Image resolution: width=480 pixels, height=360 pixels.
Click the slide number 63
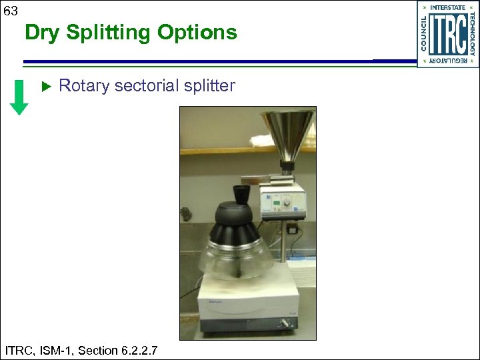pyautogui.click(x=11, y=11)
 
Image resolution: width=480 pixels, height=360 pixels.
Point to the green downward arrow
pyautogui.click(x=21, y=97)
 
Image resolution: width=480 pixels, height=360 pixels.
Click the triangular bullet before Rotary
pyautogui.click(x=46, y=87)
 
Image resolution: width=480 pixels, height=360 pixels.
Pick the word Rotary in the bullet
pyautogui.click(x=84, y=86)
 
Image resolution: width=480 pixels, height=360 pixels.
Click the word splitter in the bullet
pyautogui.click(x=209, y=86)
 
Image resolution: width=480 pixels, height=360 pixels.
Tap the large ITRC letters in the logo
pyautogui.click(x=447, y=34)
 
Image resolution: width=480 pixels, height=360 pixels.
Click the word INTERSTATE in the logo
pyautogui.click(x=448, y=7)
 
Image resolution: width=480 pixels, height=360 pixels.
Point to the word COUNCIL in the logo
pyautogui.click(x=424, y=34)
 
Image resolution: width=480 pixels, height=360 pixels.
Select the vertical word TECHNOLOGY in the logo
pyautogui.click(x=472, y=34)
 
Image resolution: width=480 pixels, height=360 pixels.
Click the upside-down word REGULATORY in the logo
pyautogui.click(x=448, y=61)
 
